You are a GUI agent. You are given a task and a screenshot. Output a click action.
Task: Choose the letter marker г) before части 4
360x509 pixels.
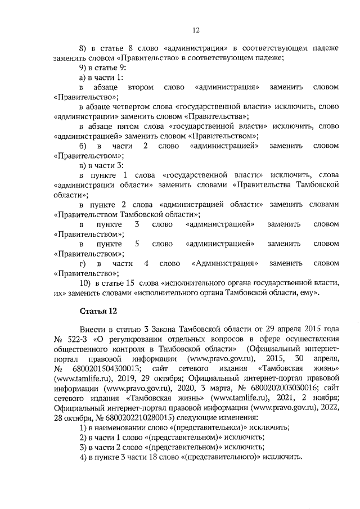pos(83,263)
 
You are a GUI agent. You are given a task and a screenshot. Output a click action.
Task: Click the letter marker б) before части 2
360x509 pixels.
pos(83,146)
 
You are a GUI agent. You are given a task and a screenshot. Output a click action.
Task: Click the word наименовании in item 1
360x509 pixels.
pos(120,427)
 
